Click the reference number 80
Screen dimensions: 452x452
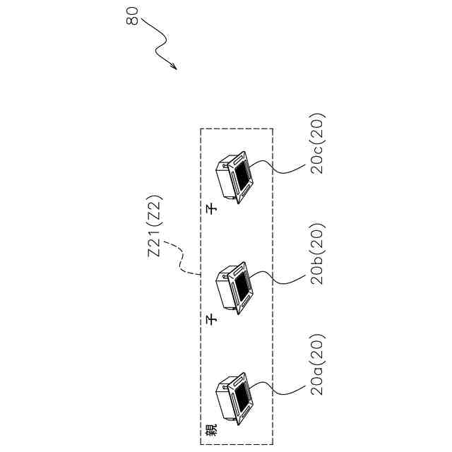[x=133, y=16]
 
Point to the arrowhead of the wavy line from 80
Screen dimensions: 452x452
[x=174, y=69]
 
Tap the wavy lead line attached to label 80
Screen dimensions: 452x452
[x=159, y=44]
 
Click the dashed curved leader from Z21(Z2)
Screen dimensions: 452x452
[x=185, y=263]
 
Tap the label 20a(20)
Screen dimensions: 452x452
[x=317, y=364]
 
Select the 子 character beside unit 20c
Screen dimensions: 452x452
[x=210, y=209]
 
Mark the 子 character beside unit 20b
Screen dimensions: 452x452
[x=210, y=320]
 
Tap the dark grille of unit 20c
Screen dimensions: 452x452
[x=242, y=177]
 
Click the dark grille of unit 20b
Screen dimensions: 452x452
[x=242, y=286]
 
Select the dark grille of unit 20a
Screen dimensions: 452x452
[x=242, y=395]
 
